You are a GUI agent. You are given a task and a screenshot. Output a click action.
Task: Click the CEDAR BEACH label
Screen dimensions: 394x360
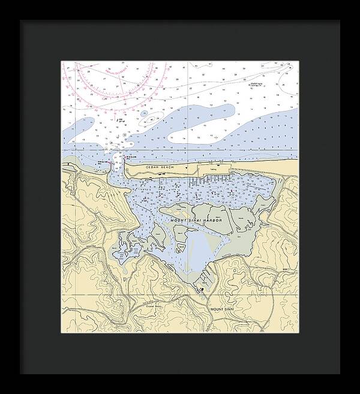(159, 166)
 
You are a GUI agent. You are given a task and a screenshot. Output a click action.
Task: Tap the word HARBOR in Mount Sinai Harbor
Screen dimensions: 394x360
(212, 221)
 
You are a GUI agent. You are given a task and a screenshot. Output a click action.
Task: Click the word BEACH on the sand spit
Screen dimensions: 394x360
(166, 166)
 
